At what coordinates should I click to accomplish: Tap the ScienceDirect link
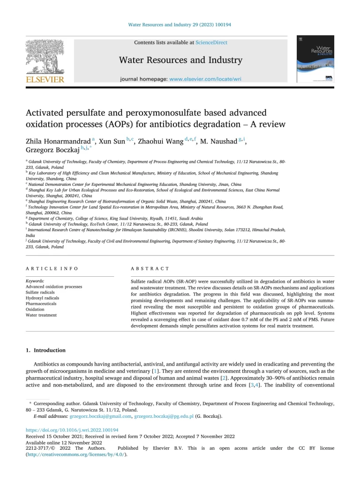point(211,43)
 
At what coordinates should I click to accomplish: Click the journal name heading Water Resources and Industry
point(180,60)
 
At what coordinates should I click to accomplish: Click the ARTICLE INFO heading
point(52,268)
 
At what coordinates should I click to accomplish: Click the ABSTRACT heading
point(150,268)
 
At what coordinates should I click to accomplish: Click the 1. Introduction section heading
point(45,350)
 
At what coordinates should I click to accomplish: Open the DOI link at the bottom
point(71,430)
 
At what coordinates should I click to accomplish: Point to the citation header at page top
point(180,24)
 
